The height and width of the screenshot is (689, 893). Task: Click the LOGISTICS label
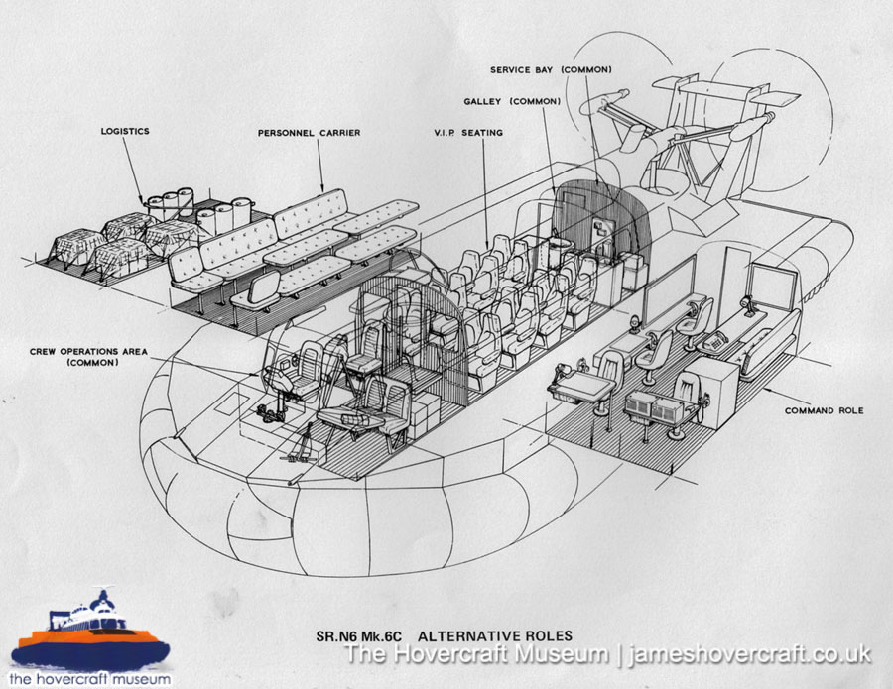coord(124,130)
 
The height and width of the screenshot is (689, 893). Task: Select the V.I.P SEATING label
coord(469,133)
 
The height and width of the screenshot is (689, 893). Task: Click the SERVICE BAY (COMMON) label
coord(551,69)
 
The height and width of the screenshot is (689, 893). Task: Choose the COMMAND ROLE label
coord(823,410)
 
